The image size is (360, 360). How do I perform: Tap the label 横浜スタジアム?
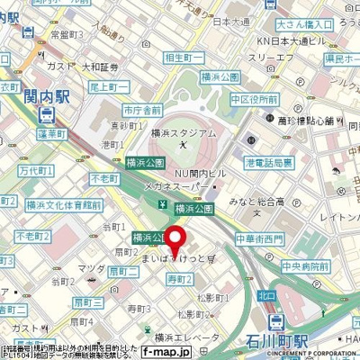(x=185, y=132)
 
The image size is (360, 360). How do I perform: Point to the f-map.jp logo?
(x=167, y=352)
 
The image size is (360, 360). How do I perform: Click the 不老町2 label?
(x=31, y=235)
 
